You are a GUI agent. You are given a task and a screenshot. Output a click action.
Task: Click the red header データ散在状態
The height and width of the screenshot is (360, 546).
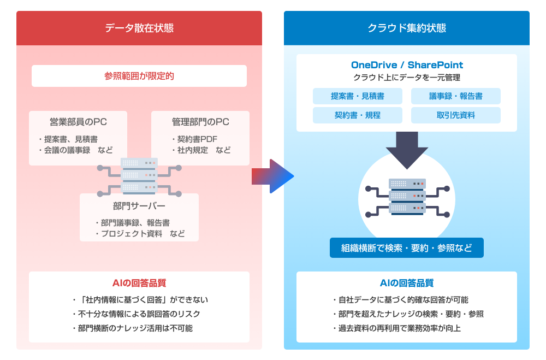[139, 28]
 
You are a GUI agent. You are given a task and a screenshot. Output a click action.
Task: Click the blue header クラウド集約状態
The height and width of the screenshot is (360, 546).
[407, 28]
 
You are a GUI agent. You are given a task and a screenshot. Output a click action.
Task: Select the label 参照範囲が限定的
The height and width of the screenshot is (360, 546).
[139, 76]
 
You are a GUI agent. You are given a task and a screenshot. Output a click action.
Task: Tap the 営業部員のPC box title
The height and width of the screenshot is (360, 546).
[78, 122]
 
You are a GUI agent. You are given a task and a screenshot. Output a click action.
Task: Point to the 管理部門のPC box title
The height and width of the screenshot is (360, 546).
[200, 122]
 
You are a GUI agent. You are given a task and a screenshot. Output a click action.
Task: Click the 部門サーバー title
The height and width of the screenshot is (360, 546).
[139, 206]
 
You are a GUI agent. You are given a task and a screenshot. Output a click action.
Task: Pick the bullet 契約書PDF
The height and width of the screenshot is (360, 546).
[194, 139]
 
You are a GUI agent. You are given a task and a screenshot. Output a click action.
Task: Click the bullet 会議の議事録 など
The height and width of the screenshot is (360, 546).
[75, 150]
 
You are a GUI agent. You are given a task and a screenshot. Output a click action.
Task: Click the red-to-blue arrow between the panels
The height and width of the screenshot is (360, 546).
[272, 176]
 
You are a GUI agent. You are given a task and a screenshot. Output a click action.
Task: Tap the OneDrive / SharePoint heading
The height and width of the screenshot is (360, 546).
[407, 66]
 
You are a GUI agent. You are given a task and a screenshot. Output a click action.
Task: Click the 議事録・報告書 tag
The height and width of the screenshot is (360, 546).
[456, 96]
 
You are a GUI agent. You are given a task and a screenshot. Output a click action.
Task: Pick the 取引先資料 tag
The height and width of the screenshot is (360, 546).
[456, 115]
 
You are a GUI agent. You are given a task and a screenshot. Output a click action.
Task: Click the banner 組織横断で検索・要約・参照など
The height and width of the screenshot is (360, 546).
[407, 247]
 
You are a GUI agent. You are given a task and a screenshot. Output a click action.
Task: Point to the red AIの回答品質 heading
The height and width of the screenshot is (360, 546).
[139, 283]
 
